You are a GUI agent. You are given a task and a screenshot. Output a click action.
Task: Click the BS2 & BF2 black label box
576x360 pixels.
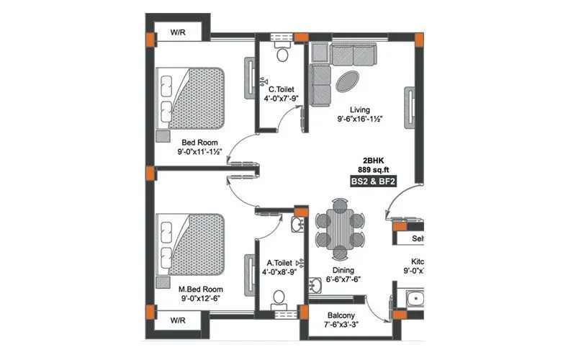pos(374,183)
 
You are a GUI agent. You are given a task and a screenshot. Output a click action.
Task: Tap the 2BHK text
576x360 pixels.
pos(374,160)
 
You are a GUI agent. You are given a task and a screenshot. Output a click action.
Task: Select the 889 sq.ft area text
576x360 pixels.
pos(374,170)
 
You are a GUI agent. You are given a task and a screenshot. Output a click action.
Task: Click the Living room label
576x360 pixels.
pos(358,109)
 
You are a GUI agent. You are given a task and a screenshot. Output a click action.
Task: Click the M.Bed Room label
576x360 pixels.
pos(199,289)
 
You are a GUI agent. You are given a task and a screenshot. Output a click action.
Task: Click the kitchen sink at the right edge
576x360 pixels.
pos(414,301)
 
